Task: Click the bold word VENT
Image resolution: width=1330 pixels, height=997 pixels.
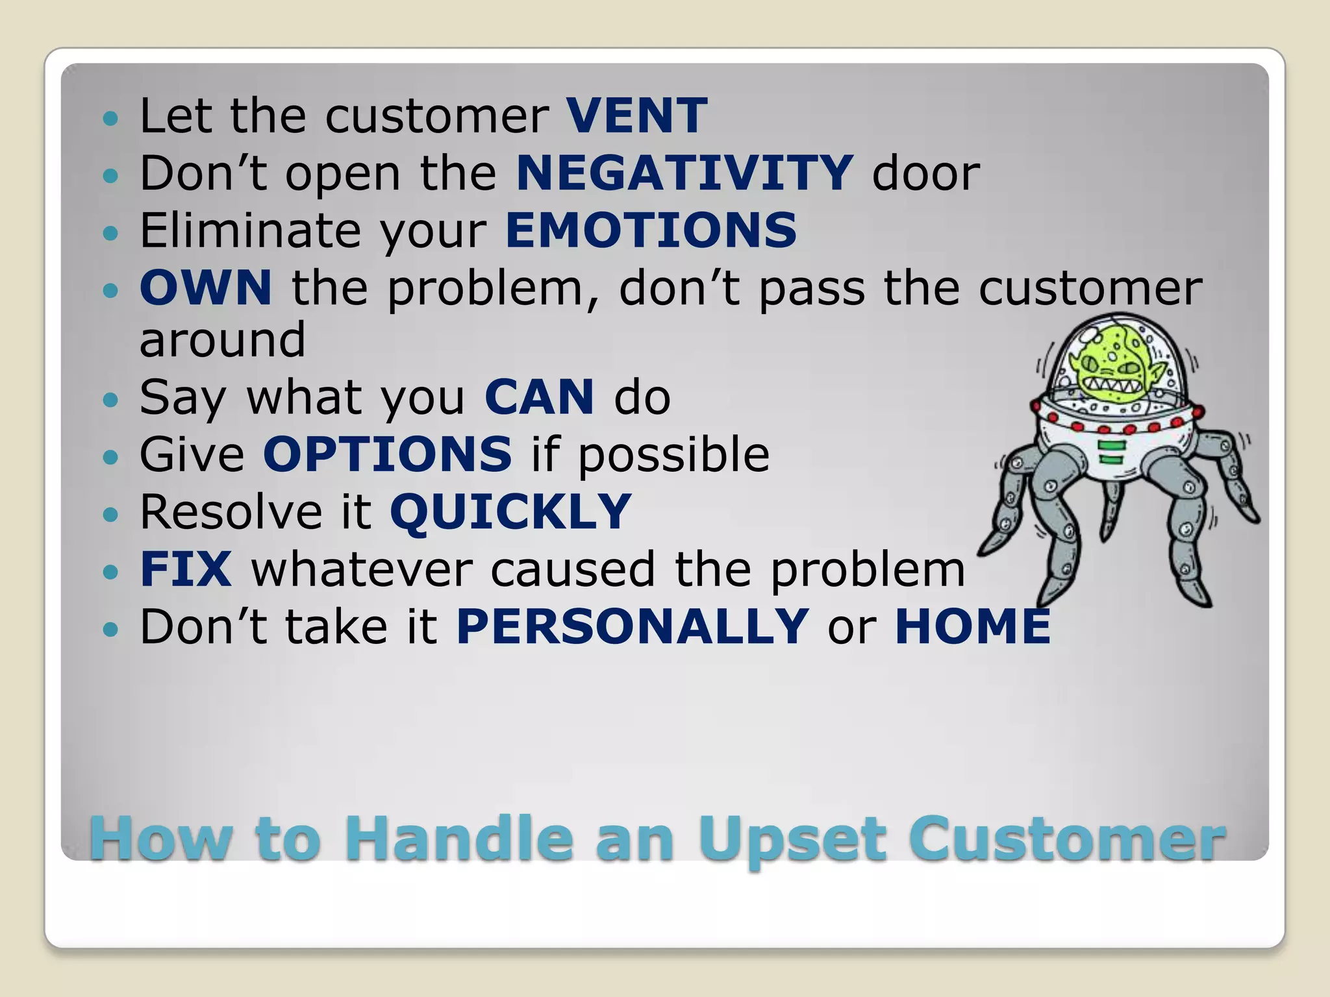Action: click(x=636, y=116)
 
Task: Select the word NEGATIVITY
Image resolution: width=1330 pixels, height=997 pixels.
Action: click(x=684, y=173)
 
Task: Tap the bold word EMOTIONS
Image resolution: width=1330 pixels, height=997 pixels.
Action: click(x=651, y=230)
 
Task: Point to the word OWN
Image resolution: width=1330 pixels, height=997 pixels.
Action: click(x=206, y=288)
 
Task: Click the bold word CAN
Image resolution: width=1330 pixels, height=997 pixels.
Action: click(x=539, y=397)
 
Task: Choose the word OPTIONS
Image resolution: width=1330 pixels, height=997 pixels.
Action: click(x=388, y=454)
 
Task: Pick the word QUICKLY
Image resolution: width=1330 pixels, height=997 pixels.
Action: click(x=510, y=511)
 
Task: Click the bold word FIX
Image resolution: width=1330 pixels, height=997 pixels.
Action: click(x=186, y=569)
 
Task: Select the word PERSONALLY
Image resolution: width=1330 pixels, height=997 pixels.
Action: click(x=633, y=626)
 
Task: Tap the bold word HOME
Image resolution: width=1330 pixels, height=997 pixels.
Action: click(x=972, y=626)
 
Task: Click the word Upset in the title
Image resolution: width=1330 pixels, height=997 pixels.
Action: click(x=792, y=839)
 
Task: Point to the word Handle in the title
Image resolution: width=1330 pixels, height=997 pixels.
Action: click(x=458, y=839)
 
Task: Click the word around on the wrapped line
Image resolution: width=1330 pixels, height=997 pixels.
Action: click(x=222, y=339)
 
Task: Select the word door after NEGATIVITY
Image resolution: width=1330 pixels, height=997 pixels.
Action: click(x=925, y=174)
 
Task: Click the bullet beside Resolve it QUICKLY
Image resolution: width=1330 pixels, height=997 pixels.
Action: click(x=111, y=514)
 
